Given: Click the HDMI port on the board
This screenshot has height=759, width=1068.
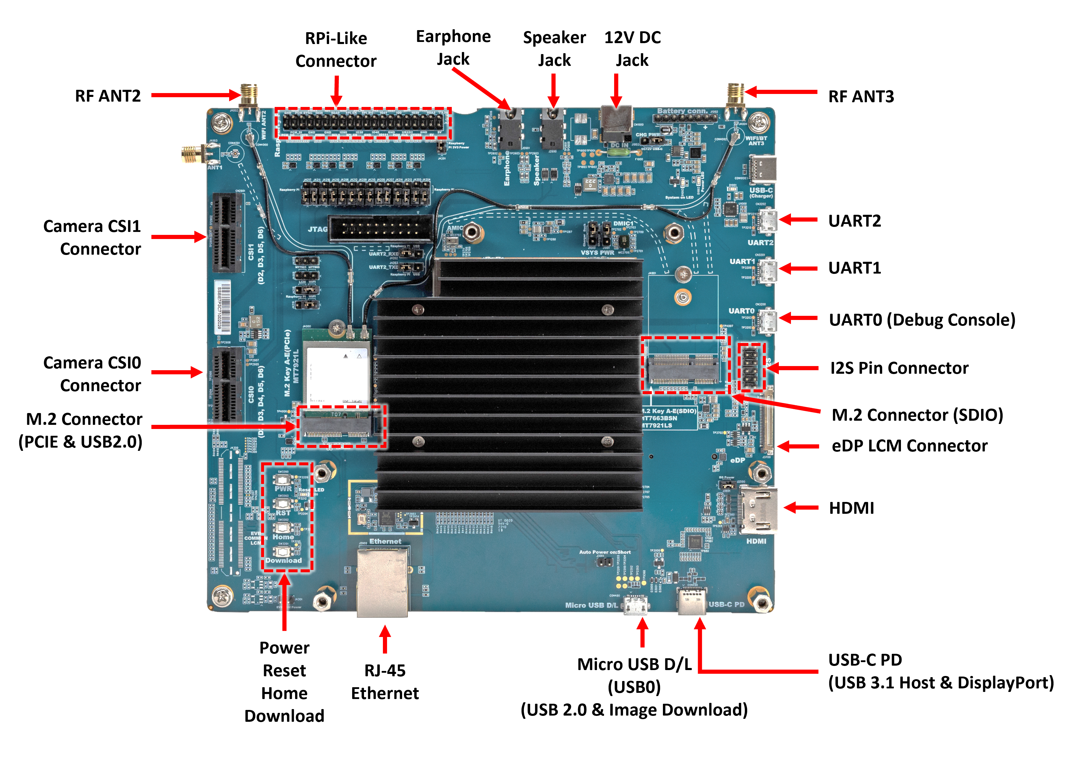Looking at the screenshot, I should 758,509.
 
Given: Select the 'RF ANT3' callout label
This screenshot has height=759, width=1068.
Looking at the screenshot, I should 861,96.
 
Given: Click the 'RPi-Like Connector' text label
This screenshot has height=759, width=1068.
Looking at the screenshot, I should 336,50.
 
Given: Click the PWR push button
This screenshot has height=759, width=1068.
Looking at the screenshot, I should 282,480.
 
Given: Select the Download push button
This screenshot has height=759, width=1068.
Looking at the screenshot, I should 282,552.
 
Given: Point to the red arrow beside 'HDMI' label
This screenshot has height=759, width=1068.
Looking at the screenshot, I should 800,508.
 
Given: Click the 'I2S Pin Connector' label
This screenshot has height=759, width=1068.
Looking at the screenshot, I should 899,368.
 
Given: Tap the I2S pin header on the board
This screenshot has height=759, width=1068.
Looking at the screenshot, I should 750,367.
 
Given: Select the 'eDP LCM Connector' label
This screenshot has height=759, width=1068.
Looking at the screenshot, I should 909,446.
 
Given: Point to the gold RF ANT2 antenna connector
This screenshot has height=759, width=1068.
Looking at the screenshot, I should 249,96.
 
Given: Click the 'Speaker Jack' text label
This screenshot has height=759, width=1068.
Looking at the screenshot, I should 554,49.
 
